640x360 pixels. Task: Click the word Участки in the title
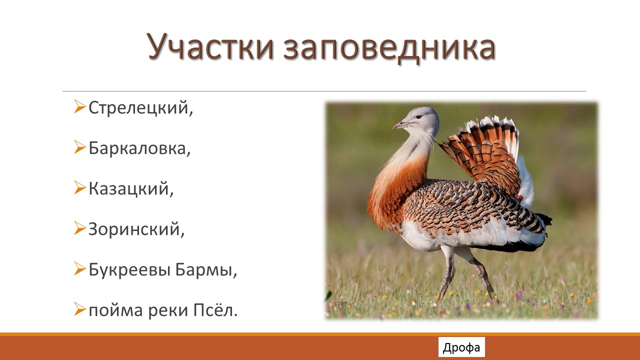(210, 46)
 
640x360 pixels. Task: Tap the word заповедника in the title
(389, 48)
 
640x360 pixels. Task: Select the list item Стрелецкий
(141, 108)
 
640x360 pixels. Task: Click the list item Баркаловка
(139, 148)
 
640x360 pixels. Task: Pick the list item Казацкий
(131, 189)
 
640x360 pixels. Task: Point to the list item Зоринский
(136, 229)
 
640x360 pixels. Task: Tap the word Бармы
(206, 270)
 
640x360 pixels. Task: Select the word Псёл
(215, 310)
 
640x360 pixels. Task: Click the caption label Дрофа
(461, 347)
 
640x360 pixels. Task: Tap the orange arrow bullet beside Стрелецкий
(79, 106)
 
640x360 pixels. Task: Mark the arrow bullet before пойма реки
(79, 309)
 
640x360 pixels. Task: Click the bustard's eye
(418, 116)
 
